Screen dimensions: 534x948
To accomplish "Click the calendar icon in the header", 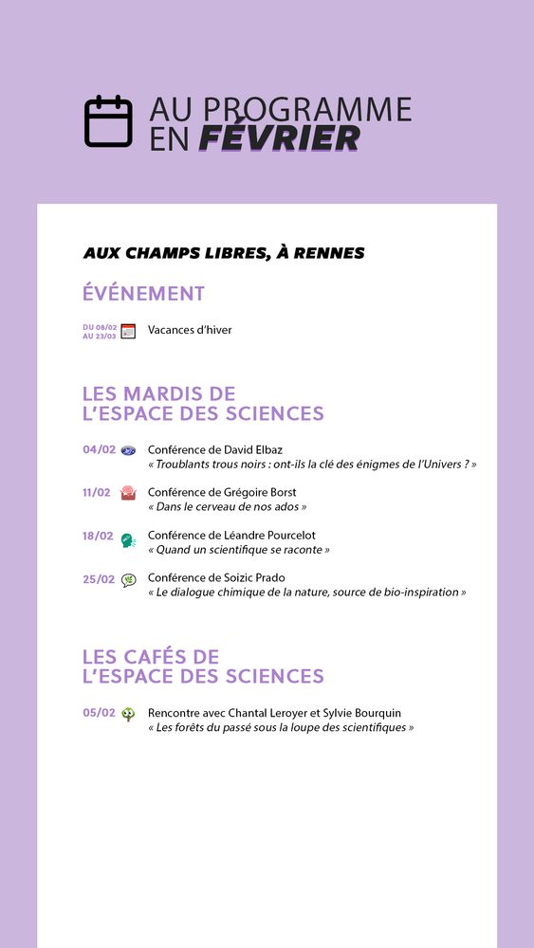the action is coord(108,121).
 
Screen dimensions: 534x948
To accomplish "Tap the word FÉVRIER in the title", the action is coord(280,139).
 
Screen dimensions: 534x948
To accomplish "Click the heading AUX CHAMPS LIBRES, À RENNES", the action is coord(224,253).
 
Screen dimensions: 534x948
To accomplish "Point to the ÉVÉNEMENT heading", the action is coord(143,294).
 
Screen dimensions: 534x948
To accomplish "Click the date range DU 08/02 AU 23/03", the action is coord(100,331).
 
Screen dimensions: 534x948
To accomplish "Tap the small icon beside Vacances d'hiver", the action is coord(128,331).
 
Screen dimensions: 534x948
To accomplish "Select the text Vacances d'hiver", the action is coord(190,330).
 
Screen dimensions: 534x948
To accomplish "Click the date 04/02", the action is coord(99,449).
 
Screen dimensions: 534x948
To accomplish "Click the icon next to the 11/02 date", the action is coord(128,493).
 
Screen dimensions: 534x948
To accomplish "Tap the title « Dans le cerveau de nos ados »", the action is coord(227,507).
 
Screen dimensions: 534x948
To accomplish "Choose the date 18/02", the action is coord(98,536).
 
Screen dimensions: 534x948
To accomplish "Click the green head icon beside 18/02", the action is coord(128,540).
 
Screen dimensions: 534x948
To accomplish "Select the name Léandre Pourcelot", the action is coord(273,536).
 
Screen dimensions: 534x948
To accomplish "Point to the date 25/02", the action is coord(99,579).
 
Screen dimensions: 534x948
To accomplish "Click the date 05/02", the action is coord(99,713).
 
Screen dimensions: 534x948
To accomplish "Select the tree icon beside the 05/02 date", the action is coord(128,715).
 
